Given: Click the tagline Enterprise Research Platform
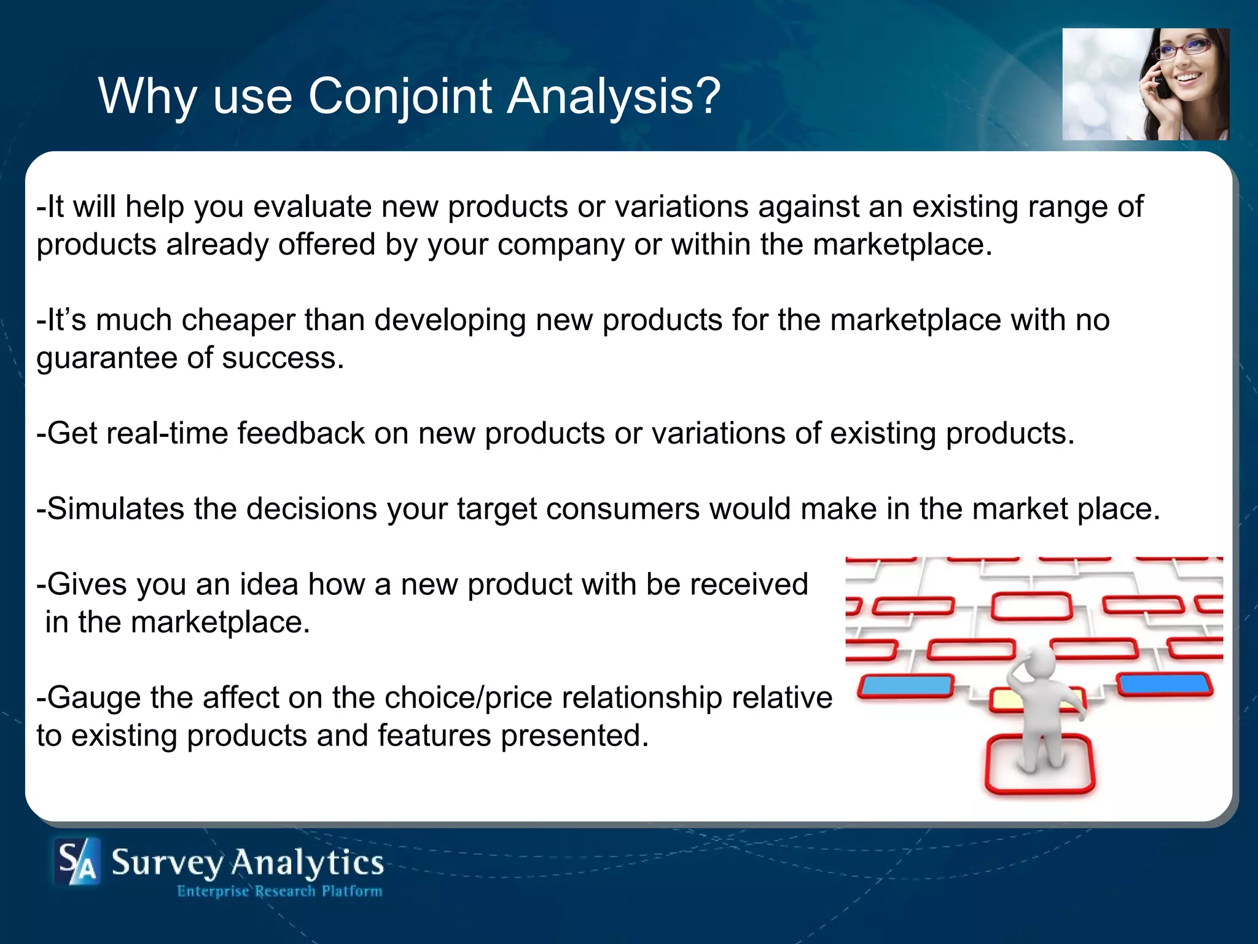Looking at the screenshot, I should point(279,891).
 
